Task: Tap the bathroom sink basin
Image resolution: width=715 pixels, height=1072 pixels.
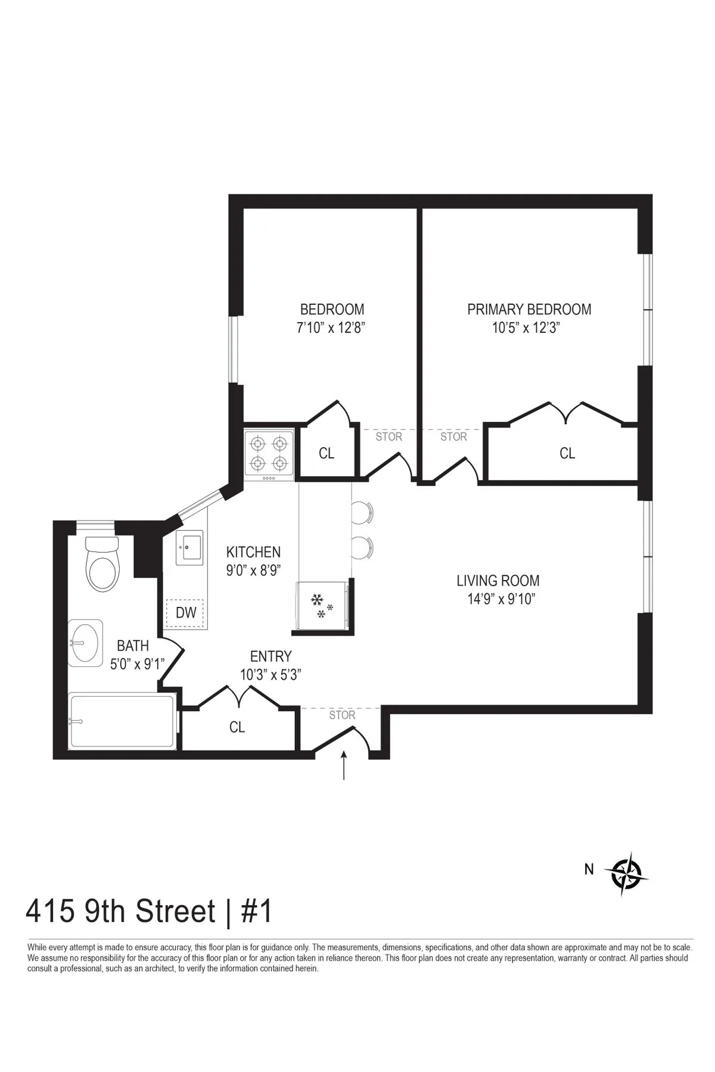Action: (85, 643)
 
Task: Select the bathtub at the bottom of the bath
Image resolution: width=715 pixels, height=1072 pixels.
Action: (123, 721)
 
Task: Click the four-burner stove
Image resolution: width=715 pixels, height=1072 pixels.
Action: (269, 453)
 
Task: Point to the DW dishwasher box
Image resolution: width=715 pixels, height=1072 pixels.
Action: (185, 613)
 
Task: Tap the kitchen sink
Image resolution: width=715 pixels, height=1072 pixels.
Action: (191, 547)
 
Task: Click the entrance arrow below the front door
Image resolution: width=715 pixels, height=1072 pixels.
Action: (344, 765)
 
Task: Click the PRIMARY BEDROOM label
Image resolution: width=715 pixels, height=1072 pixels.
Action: (529, 310)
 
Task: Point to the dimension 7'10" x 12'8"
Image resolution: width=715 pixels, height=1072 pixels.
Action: (331, 328)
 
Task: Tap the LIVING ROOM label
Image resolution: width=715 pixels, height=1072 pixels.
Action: (498, 581)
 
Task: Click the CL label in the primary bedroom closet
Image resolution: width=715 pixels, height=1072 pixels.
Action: (567, 454)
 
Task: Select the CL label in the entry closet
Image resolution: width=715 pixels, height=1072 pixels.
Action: (237, 727)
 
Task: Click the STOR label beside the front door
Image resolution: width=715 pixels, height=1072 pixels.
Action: (342, 715)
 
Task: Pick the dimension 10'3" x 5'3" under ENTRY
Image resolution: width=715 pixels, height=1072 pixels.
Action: (271, 675)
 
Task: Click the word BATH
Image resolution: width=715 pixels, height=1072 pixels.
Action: (133, 646)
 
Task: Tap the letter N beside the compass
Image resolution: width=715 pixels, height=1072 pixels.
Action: (589, 870)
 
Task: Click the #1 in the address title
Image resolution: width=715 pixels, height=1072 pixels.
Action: (256, 912)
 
